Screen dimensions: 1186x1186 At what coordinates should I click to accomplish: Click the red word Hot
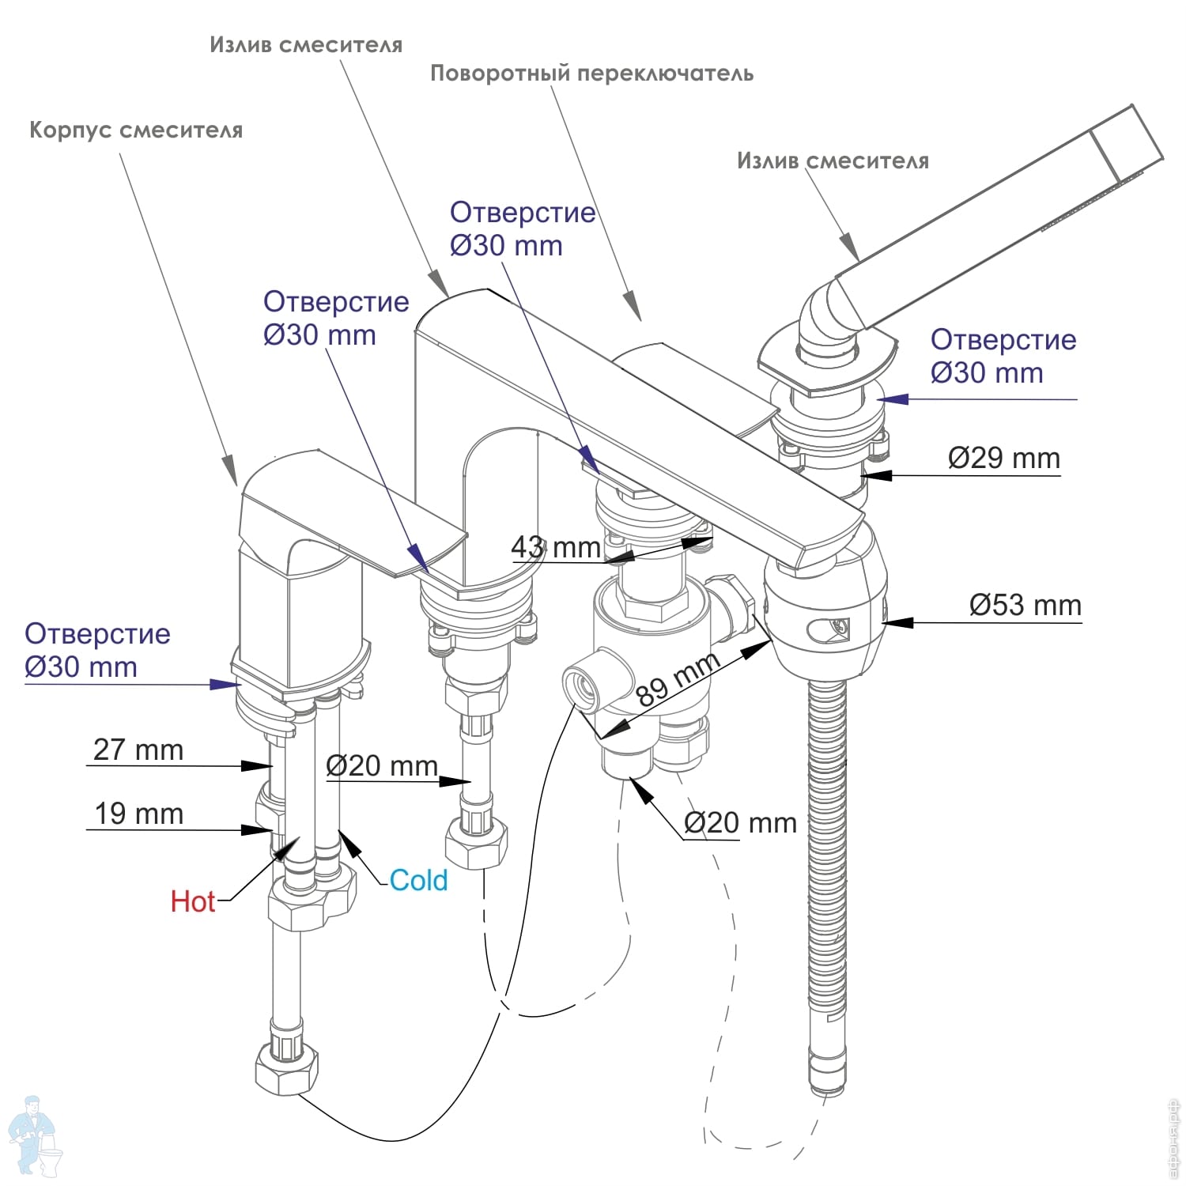coord(193,901)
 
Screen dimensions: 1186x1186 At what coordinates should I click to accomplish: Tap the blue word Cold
coord(418,880)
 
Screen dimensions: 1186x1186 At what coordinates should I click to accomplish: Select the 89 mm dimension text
coord(678,678)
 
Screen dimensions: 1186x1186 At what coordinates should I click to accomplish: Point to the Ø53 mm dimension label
coord(1025,606)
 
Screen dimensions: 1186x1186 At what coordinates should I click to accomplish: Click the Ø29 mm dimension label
coord(1004,458)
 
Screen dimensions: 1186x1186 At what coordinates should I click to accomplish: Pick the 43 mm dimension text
coord(556,546)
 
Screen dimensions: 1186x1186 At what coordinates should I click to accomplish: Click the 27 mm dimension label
coord(138,750)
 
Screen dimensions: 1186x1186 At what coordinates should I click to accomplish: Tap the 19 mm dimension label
coord(139,814)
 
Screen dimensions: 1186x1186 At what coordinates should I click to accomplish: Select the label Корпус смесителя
coord(136,130)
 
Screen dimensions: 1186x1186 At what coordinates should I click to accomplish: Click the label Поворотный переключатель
coord(591,74)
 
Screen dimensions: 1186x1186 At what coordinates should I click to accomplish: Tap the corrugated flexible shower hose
coord(827,886)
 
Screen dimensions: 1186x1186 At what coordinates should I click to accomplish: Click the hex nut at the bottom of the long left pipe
coord(286,1068)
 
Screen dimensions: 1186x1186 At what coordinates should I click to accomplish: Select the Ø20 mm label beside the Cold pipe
coord(382,765)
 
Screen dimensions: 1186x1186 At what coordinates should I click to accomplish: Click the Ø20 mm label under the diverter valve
coord(740,823)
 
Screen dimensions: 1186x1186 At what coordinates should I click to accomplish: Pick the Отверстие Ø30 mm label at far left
coord(97,650)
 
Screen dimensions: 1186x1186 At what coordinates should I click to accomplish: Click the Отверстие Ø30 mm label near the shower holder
coord(1003,356)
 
